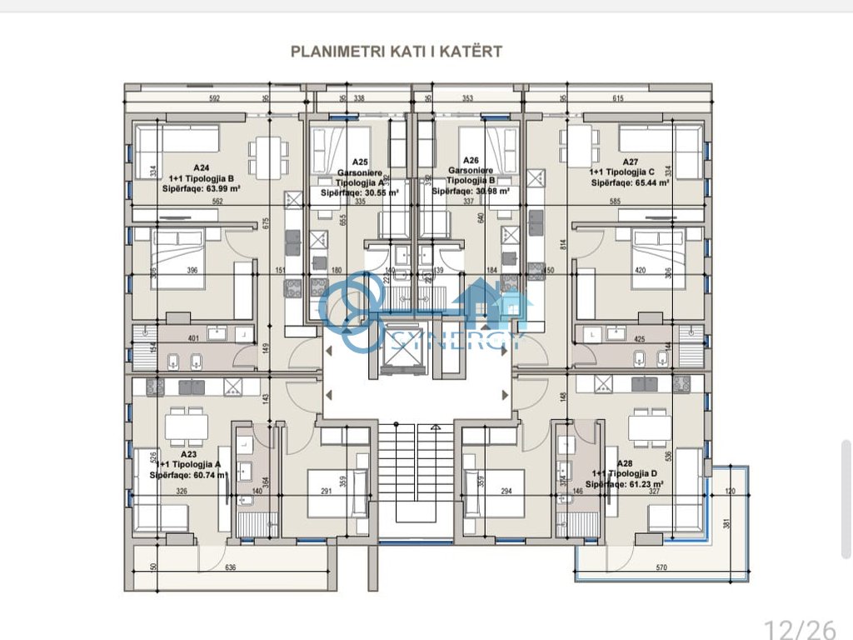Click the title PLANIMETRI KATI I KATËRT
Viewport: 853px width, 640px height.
396,51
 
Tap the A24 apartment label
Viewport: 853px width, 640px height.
201,167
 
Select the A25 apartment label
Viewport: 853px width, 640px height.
360,162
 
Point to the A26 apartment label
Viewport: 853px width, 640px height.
471,161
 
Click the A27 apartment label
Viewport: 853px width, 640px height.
631,162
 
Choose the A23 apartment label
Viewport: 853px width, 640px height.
188,454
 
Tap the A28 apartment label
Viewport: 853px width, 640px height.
625,463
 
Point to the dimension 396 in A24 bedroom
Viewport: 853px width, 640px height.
192,270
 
